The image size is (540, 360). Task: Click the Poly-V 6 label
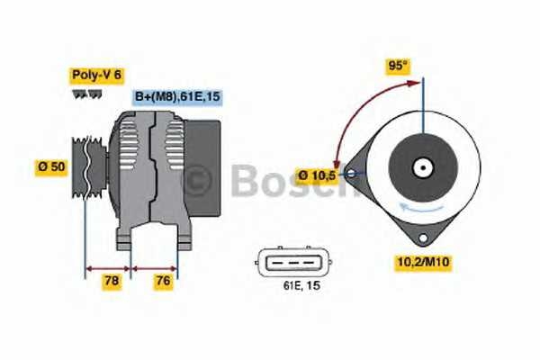[96, 75]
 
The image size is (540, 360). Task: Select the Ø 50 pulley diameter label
[50, 167]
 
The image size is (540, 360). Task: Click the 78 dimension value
[112, 282]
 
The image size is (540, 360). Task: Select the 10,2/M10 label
[423, 262]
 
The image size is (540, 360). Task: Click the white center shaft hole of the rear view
[421, 167]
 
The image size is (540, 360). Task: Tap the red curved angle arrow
[353, 117]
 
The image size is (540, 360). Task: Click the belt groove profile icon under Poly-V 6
[84, 93]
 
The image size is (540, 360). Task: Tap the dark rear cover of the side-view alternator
[202, 166]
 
